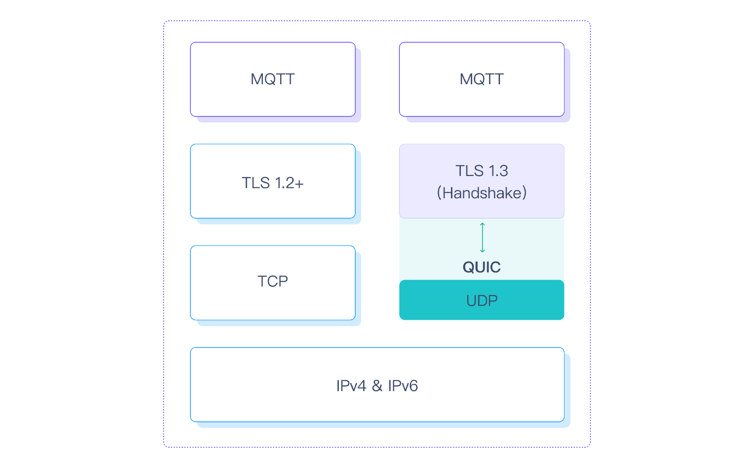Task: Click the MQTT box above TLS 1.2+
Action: (x=273, y=79)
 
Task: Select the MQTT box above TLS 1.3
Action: (x=482, y=79)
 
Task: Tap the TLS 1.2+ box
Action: (x=273, y=181)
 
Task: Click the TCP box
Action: (x=273, y=283)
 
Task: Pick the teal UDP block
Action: (x=482, y=300)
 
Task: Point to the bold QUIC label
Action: (x=482, y=267)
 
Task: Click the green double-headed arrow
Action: (x=482, y=237)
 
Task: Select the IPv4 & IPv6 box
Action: (x=377, y=385)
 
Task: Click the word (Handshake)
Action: (x=482, y=193)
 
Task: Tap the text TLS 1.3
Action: (x=482, y=171)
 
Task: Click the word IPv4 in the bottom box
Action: (x=351, y=386)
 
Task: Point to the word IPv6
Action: (x=403, y=386)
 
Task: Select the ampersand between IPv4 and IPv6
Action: (x=377, y=386)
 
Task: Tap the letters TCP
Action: (x=273, y=281)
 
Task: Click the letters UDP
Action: (x=482, y=300)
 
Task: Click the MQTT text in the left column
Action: (x=273, y=79)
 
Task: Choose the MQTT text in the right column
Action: (x=482, y=79)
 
